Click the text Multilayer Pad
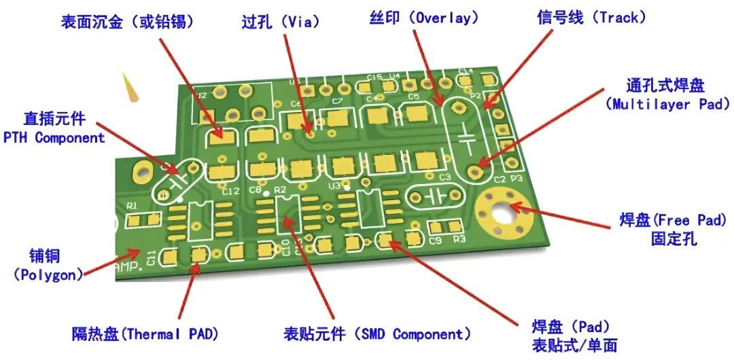(670, 104)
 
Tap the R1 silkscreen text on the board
(132, 204)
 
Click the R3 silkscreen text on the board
(459, 240)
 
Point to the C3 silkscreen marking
(444, 177)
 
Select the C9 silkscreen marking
(435, 240)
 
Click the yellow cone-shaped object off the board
(129, 85)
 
